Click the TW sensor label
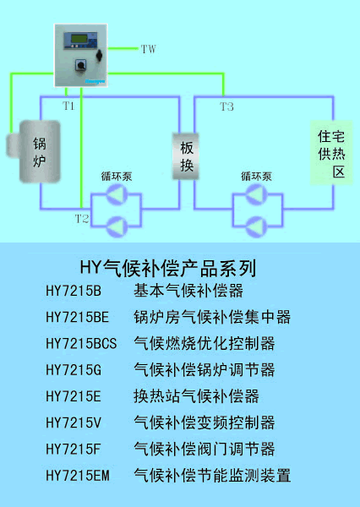[x=149, y=49]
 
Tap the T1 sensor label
[x=68, y=106]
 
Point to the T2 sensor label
[x=82, y=219]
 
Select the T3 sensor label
[x=226, y=106]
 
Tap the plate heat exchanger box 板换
[x=185, y=156]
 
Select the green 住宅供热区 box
[x=331, y=153]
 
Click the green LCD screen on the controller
[x=79, y=39]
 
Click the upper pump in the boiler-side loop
[x=117, y=194]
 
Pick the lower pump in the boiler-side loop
[x=117, y=226]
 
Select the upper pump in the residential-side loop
[x=257, y=194]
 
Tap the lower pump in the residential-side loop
[x=257, y=226]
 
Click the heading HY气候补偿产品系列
[x=168, y=268]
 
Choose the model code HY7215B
[x=74, y=291]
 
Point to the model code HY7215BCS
[x=81, y=343]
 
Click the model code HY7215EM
[x=78, y=475]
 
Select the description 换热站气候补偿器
[x=196, y=396]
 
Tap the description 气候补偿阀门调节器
[x=205, y=449]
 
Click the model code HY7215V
[x=74, y=422]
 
